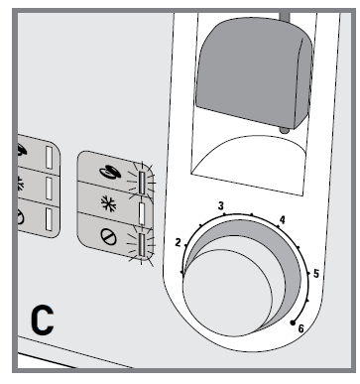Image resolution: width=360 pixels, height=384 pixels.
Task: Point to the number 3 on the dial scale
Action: pyautogui.click(x=222, y=205)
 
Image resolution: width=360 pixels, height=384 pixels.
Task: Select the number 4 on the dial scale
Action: pyautogui.click(x=283, y=219)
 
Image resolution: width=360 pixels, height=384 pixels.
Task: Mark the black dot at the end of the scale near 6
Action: pyautogui.click(x=292, y=322)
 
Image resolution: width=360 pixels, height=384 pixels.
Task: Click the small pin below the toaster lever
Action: pyautogui.click(x=285, y=129)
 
